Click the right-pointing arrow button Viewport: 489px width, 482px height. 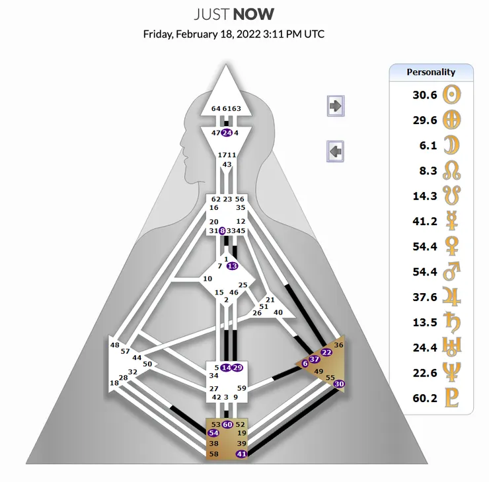[x=336, y=106]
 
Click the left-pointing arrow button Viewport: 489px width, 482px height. [x=335, y=151]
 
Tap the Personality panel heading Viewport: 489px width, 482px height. [x=431, y=72]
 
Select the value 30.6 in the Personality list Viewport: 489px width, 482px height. [x=425, y=94]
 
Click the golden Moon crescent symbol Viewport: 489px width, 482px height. [x=451, y=145]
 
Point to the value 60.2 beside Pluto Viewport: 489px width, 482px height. [x=425, y=398]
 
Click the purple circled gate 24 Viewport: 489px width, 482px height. [x=227, y=133]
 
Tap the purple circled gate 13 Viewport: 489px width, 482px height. [x=233, y=266]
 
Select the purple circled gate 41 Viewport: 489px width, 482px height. [x=241, y=454]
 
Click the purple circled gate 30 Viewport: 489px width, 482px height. [x=339, y=384]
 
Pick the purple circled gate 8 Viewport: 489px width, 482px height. [x=222, y=231]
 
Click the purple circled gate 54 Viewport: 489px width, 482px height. [x=213, y=432]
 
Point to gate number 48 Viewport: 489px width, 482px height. [x=115, y=345]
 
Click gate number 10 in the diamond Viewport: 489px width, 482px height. [x=207, y=279]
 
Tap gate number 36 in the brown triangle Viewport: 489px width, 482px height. [x=338, y=345]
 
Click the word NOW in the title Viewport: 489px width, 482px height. [x=254, y=15]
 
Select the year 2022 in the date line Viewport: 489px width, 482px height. [x=248, y=34]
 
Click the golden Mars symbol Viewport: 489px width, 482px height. [x=451, y=271]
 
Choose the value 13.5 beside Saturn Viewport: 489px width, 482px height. [x=425, y=322]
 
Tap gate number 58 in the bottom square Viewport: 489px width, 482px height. [x=214, y=454]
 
